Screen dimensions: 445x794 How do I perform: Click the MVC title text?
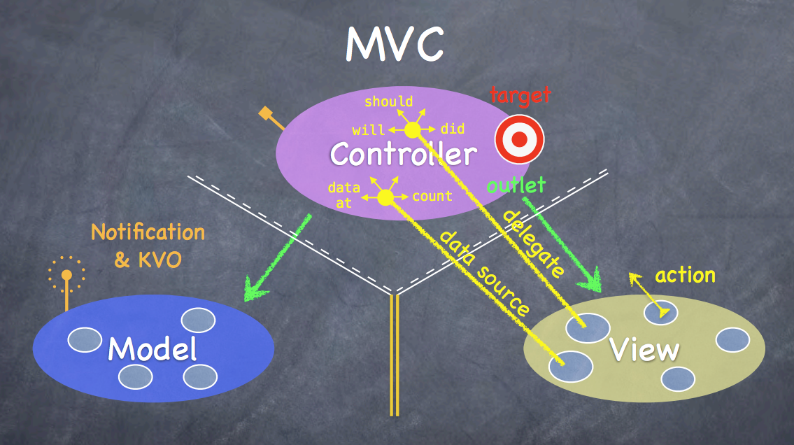tap(395, 43)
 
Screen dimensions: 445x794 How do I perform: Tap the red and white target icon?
tap(519, 140)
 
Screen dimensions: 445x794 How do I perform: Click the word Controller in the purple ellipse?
tap(404, 154)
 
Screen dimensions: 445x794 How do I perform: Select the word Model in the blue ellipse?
tap(152, 348)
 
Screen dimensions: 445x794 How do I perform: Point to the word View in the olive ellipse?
tap(644, 350)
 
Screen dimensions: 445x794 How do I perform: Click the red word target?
tap(520, 94)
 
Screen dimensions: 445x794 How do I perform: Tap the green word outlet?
tap(516, 185)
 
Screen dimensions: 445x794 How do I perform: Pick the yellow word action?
tap(685, 275)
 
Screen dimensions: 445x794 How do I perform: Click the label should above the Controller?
tap(388, 101)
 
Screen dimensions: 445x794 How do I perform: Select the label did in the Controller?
tap(453, 129)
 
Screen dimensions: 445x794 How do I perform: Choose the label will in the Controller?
tap(368, 130)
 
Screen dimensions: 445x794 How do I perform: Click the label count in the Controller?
tap(432, 197)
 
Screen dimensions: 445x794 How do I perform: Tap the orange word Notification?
tap(148, 232)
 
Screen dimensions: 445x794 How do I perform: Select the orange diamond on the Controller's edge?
tap(265, 113)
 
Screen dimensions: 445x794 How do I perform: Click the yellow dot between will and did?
tap(412, 130)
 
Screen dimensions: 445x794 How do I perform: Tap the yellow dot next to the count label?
tap(385, 197)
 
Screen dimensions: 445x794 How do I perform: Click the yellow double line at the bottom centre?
tap(394, 357)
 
